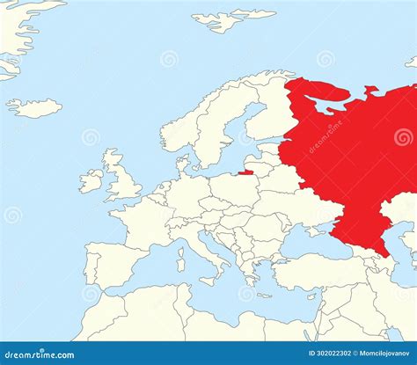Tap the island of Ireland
pos(91,181)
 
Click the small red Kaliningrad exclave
pos(246,172)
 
